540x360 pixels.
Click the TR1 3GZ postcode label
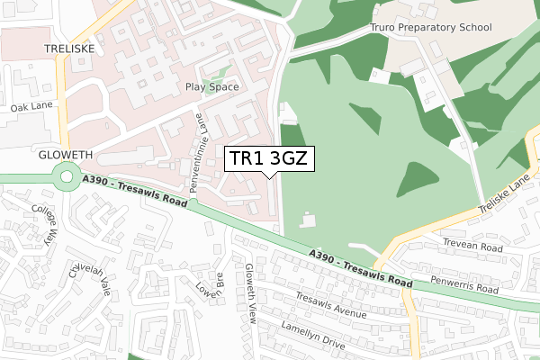(x=269, y=159)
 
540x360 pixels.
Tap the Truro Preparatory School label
(x=431, y=28)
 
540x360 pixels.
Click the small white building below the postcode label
(x=309, y=220)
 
